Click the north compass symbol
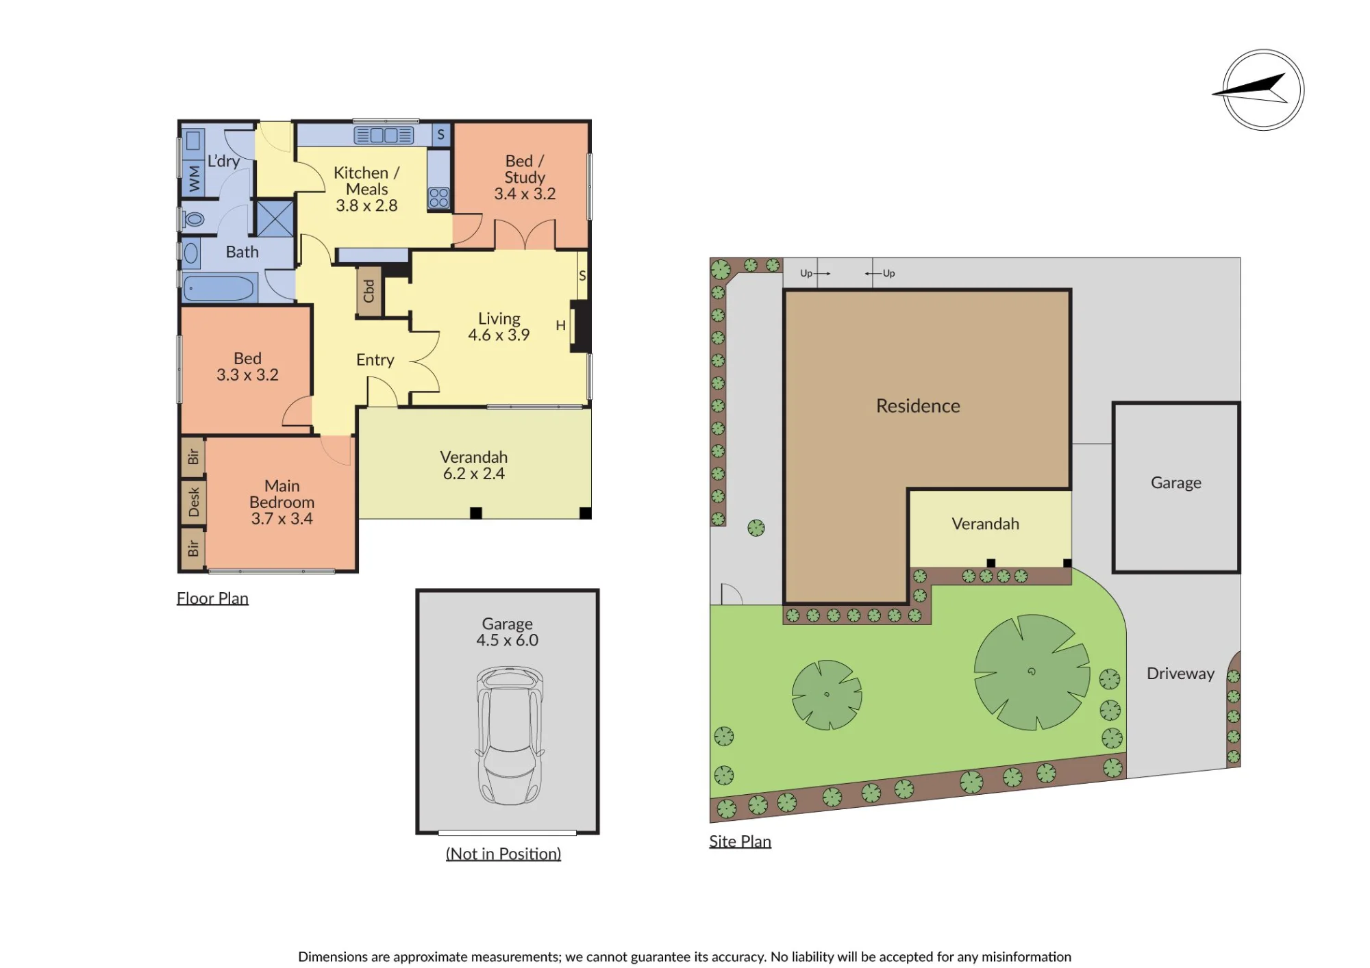tap(1263, 90)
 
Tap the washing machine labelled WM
tap(195, 179)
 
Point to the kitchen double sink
tap(384, 135)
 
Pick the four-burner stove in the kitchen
tap(438, 198)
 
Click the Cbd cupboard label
tap(369, 291)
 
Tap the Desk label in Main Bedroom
tap(194, 502)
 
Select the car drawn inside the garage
tap(508, 736)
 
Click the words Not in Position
tap(503, 854)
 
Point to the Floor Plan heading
tap(212, 598)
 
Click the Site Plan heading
tap(740, 841)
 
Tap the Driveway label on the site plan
tap(1180, 674)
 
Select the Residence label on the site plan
tap(918, 406)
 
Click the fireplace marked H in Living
tap(581, 327)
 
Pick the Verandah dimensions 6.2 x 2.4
tap(474, 474)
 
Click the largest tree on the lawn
tap(1032, 672)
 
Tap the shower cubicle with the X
tap(275, 218)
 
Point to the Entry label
tap(375, 360)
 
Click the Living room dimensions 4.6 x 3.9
tap(499, 335)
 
